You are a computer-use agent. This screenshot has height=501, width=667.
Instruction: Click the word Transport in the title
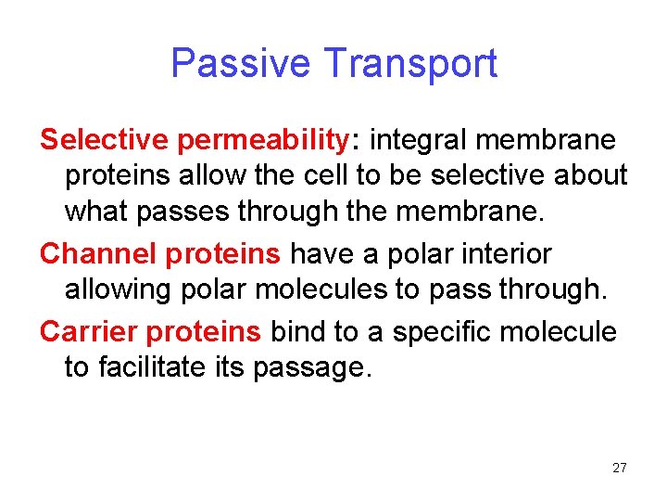410,64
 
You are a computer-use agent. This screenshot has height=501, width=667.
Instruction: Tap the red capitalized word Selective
104,139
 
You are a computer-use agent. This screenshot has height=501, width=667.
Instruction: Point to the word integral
422,139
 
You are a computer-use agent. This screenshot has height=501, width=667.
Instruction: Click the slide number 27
619,468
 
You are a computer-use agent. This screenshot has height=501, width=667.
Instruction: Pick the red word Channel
96,253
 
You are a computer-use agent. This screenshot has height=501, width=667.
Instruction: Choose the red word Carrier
89,331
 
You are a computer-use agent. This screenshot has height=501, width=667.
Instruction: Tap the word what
98,212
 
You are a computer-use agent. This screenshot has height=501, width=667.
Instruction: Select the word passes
185,212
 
